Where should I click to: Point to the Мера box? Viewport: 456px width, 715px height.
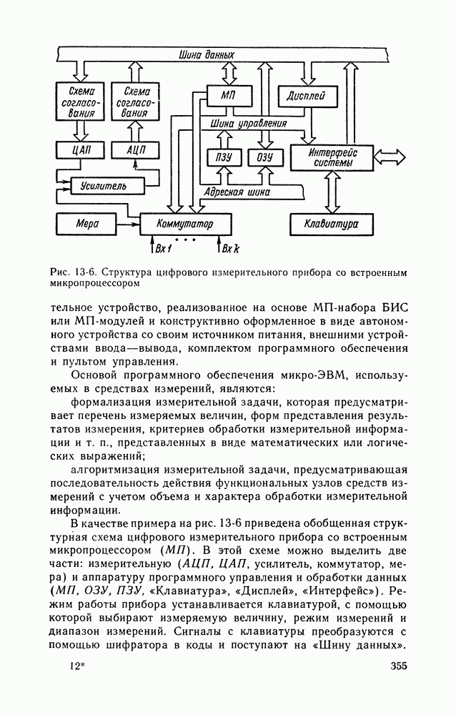pos(87,224)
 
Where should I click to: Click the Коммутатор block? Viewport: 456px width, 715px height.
pos(185,224)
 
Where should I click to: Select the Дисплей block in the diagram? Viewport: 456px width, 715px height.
pos(305,95)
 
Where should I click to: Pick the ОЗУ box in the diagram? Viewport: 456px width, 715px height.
pos(259,157)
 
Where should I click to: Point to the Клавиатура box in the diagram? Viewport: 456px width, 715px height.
pos(332,224)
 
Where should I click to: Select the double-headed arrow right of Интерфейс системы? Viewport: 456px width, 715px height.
pos(391,156)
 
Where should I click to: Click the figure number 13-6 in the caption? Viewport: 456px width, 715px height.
pos(84,272)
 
